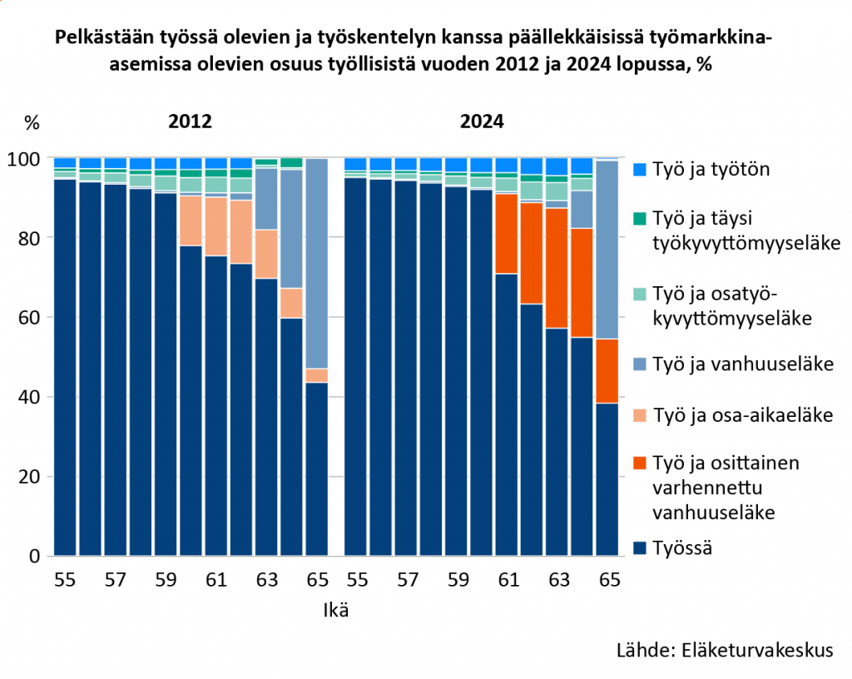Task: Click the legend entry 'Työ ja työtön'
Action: click(710, 170)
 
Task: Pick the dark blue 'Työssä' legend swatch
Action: click(638, 548)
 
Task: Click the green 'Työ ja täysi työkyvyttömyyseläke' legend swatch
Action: click(638, 219)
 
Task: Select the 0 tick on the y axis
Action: click(35, 556)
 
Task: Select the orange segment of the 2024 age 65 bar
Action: click(607, 370)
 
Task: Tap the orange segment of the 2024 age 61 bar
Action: click(507, 233)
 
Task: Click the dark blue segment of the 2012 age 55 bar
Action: click(65, 366)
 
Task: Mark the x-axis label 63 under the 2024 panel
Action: click(557, 580)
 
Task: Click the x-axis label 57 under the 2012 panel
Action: click(115, 580)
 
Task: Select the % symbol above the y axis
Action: click(32, 122)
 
